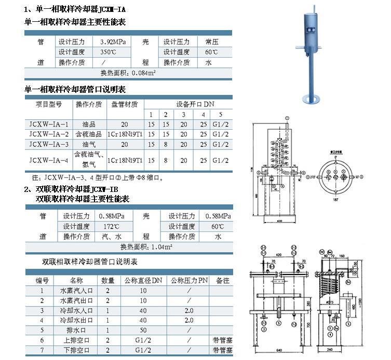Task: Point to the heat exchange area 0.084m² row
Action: (x=129, y=73)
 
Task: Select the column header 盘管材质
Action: (x=125, y=104)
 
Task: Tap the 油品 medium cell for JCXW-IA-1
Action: (x=89, y=124)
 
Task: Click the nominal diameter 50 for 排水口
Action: (x=143, y=330)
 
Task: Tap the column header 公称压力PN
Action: (x=189, y=281)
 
